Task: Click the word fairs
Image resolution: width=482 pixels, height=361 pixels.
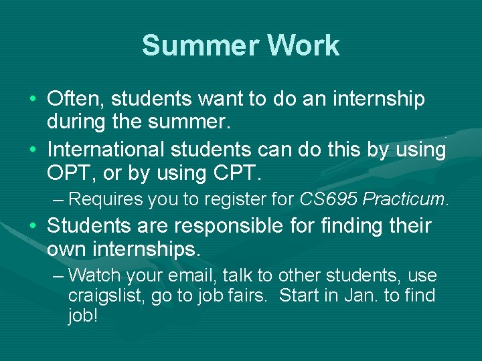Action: click(248, 295)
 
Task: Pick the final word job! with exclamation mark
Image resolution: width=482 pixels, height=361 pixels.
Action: click(83, 316)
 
